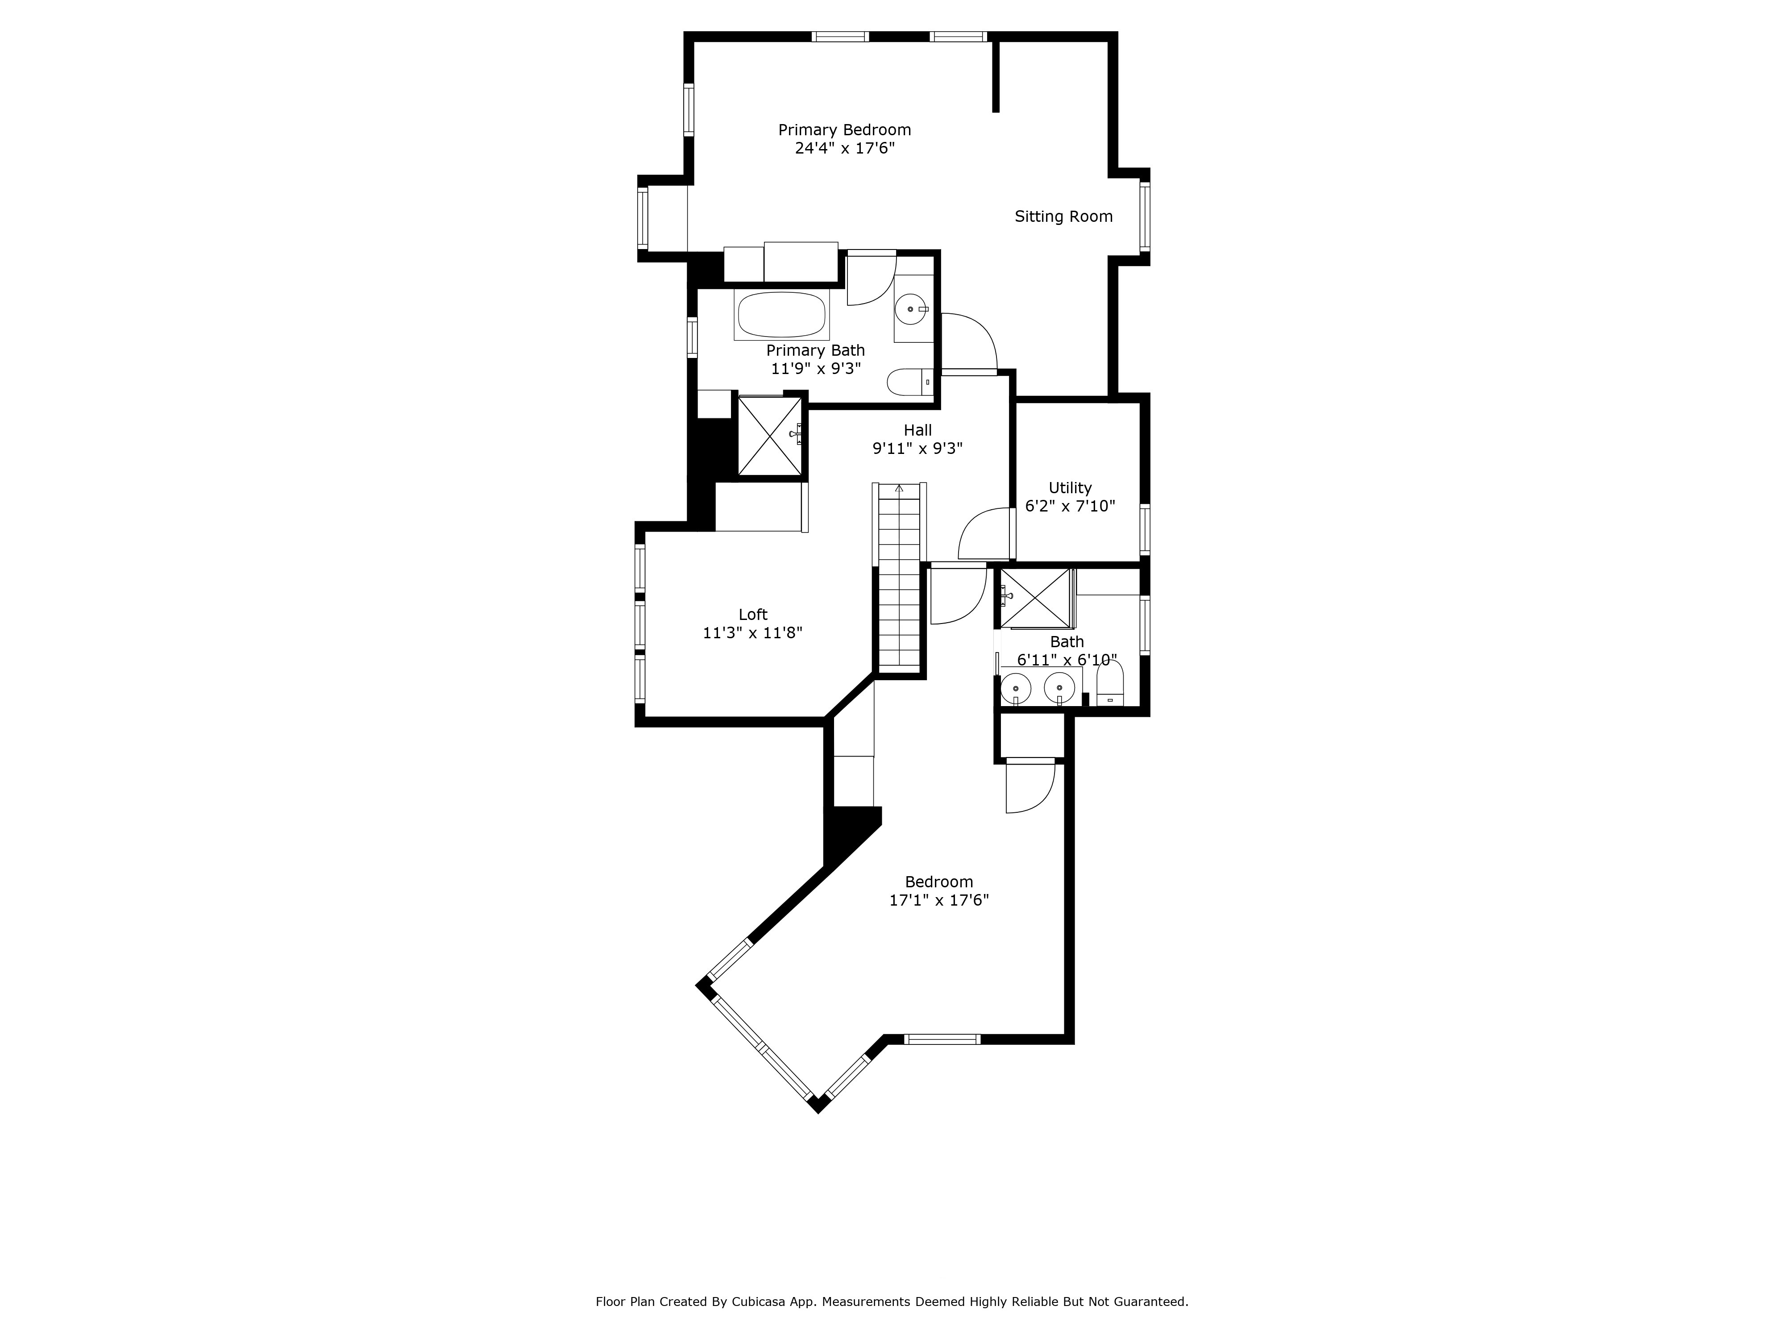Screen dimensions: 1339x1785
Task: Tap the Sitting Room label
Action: (1063, 216)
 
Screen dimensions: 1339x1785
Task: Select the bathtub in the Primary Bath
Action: (781, 315)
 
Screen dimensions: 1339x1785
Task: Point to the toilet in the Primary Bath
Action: (908, 382)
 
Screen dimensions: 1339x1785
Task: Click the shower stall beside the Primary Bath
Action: (770, 435)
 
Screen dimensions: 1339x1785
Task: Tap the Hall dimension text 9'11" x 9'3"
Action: (917, 449)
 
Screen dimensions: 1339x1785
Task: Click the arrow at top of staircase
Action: (899, 488)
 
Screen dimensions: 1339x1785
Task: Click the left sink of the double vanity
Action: (1016, 688)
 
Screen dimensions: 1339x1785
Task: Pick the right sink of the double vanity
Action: (1059, 688)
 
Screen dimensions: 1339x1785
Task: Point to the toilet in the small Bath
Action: (1109, 686)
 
